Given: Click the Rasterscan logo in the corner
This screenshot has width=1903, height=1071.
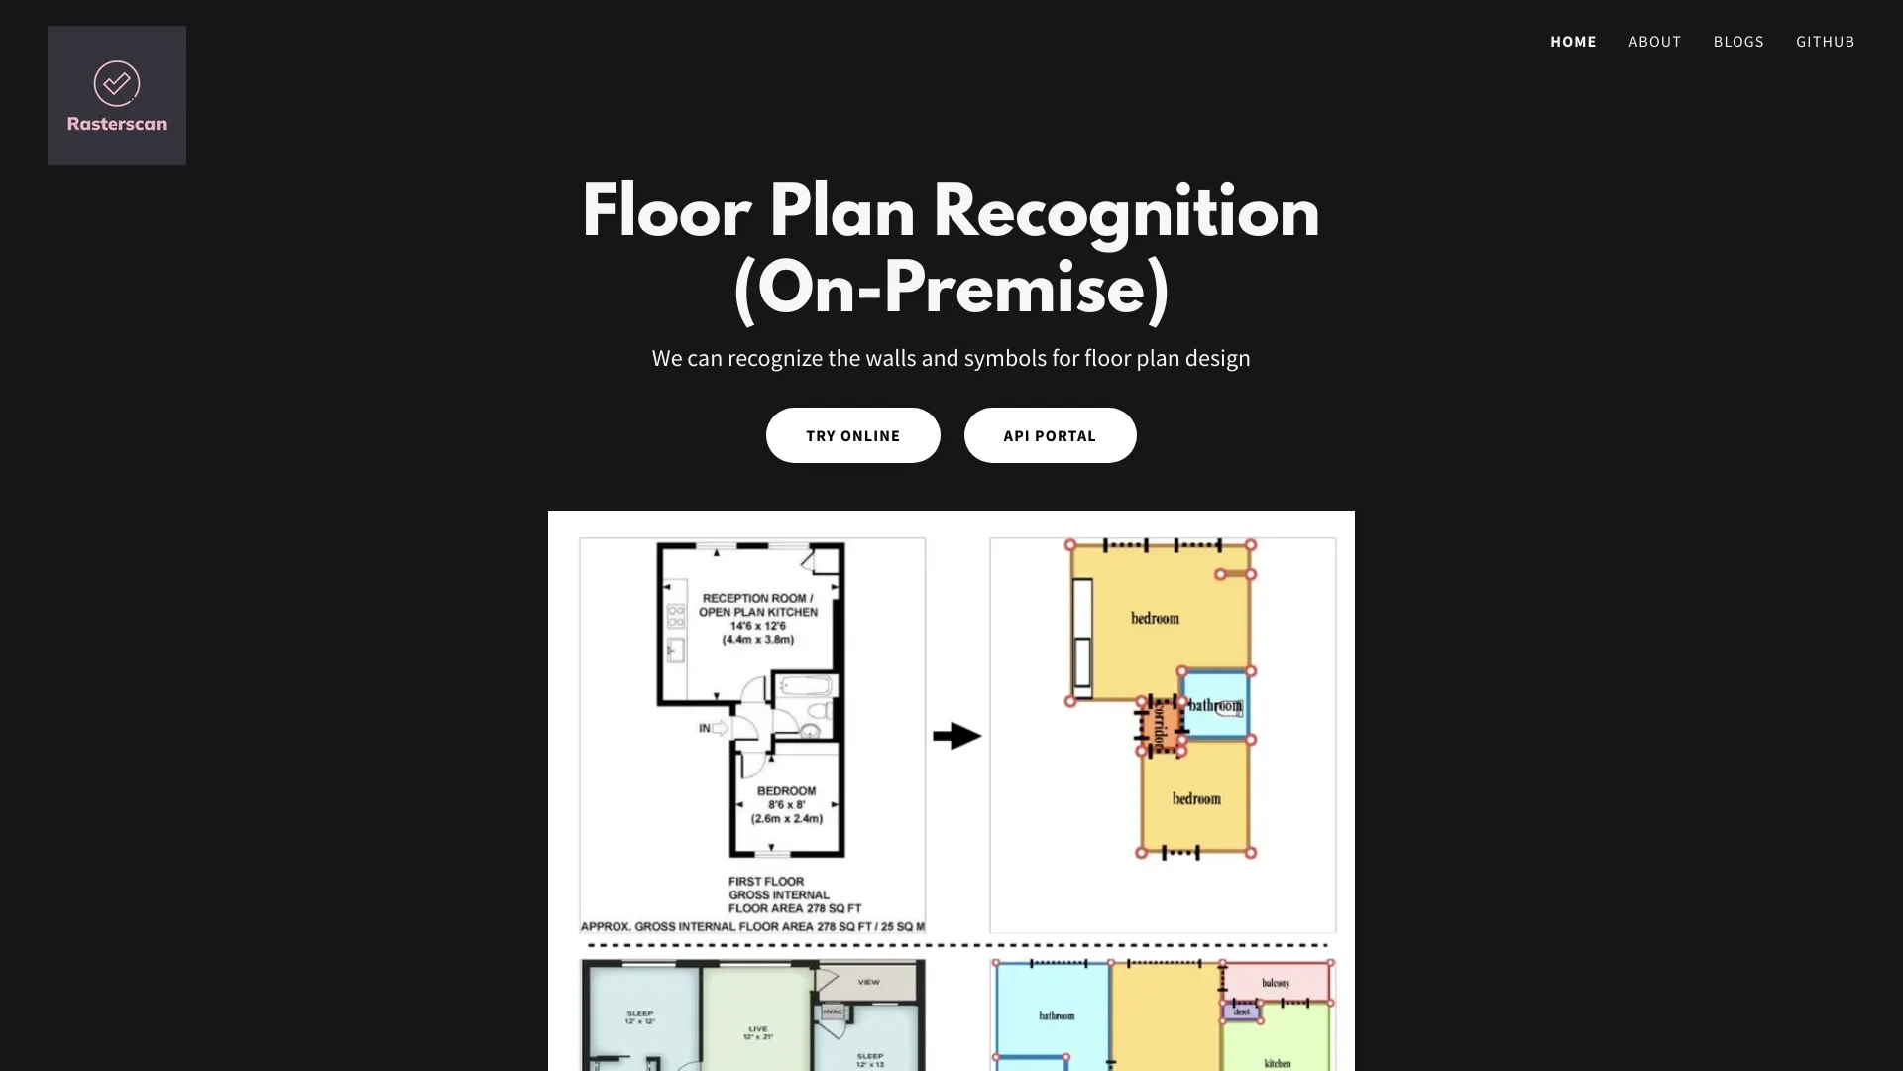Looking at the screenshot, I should [117, 95].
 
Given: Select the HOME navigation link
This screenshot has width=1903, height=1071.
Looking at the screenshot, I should [1573, 42].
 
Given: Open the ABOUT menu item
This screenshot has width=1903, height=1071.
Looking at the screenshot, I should [1654, 42].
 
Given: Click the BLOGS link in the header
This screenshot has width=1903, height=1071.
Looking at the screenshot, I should [1737, 42].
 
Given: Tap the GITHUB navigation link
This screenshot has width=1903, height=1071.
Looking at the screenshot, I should [1825, 42].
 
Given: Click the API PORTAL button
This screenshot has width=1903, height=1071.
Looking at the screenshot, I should [1050, 435].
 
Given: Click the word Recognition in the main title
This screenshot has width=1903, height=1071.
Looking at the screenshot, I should [1125, 213].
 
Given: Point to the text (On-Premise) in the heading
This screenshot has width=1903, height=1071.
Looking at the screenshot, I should [951, 291].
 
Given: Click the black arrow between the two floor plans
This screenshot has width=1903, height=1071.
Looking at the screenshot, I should [956, 736].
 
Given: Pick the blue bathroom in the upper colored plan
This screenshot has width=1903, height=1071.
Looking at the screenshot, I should [1215, 705].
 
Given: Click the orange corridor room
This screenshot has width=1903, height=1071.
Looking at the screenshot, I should [1159, 727].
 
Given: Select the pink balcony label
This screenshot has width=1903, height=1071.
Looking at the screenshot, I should [1276, 983].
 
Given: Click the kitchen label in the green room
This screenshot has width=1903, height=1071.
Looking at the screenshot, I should [1277, 1063].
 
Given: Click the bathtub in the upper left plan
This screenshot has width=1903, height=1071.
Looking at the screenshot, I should [806, 686].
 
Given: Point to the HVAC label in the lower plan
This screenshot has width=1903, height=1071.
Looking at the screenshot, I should [833, 1011].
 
